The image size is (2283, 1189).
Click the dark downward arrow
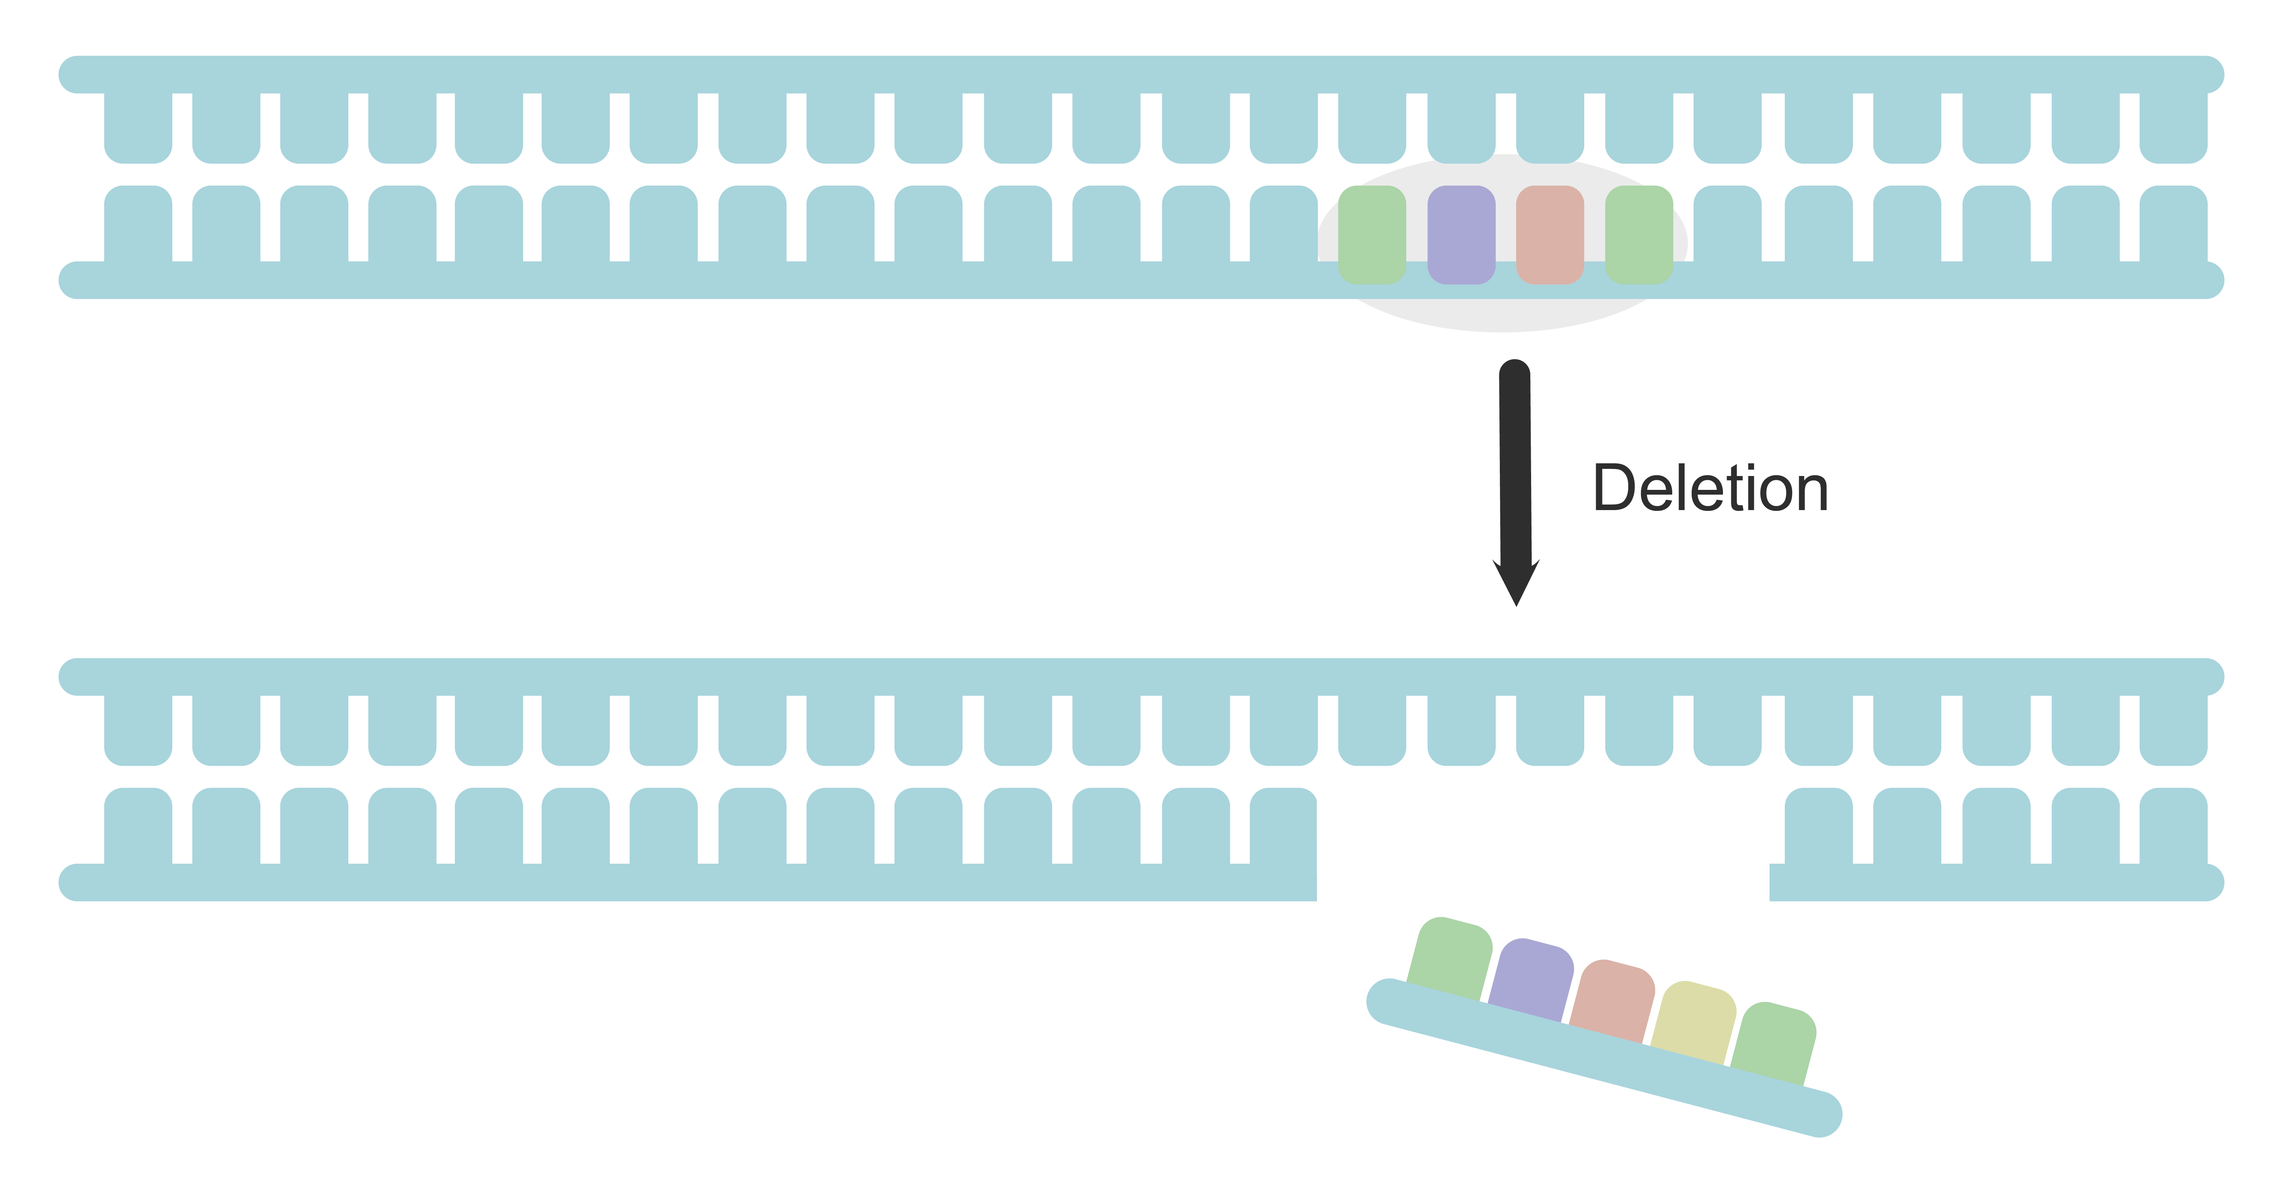click(x=1516, y=478)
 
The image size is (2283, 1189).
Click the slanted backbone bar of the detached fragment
click(x=1604, y=1059)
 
